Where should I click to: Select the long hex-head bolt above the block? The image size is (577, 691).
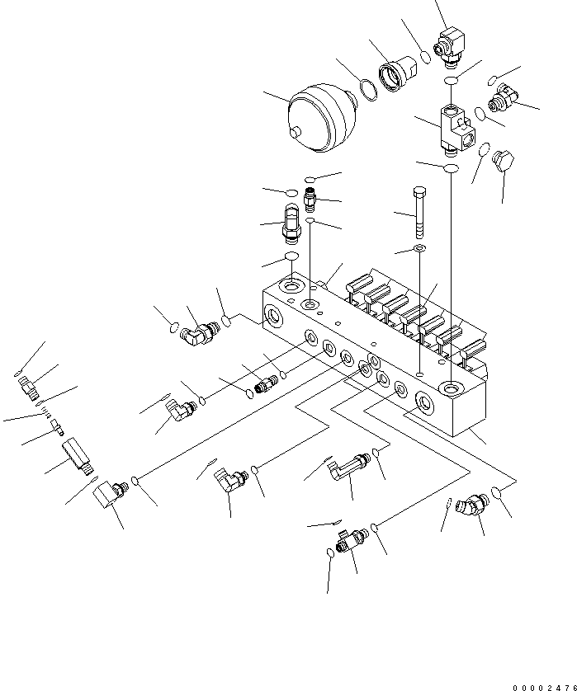(419, 213)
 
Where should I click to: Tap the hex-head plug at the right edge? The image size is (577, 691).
(504, 161)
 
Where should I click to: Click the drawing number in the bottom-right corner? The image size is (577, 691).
(544, 688)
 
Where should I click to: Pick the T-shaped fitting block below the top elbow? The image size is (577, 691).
(456, 131)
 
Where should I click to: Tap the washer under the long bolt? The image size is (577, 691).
(419, 248)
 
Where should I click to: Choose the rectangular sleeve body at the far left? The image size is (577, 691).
(78, 456)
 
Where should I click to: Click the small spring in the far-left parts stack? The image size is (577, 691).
(45, 411)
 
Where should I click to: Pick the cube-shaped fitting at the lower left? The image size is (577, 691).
(108, 493)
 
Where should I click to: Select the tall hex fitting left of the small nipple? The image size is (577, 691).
(291, 223)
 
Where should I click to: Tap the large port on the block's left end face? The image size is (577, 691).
(273, 316)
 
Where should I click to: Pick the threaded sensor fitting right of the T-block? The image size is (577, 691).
(503, 97)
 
